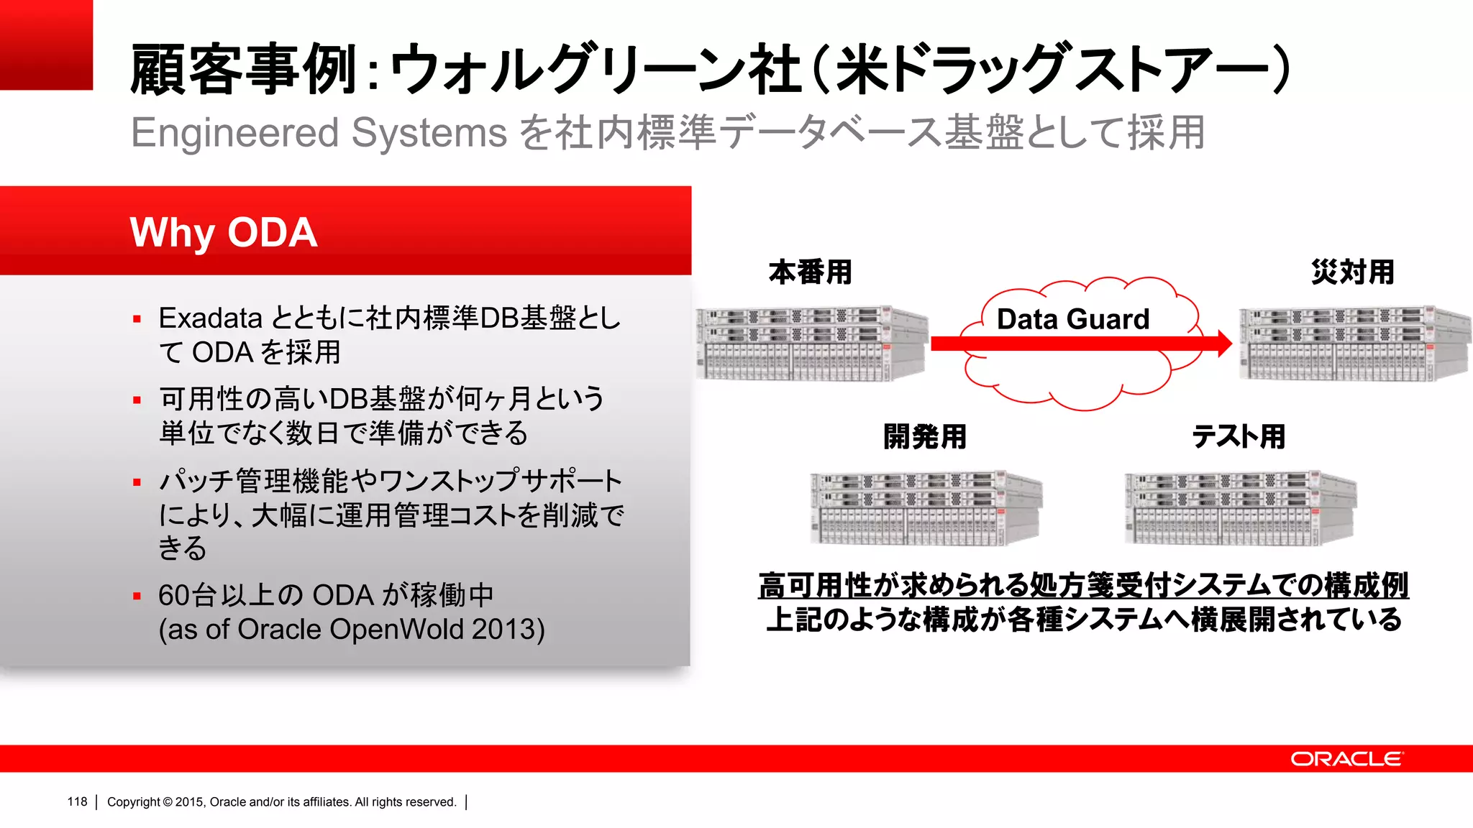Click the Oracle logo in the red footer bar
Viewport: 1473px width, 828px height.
tap(1346, 759)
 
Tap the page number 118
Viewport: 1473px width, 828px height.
tap(77, 801)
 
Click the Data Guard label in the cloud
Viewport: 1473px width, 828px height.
tap(1072, 318)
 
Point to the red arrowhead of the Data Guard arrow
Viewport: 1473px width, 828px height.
tap(1224, 344)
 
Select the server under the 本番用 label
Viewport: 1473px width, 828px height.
tap(811, 344)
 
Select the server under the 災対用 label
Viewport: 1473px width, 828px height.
tap(1354, 344)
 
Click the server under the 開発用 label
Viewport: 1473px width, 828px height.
tap(926, 508)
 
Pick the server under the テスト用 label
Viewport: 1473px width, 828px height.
tap(1240, 508)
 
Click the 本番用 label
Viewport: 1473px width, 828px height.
tap(811, 272)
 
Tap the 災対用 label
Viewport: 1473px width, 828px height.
tap(1352, 272)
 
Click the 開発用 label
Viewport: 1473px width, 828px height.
tap(925, 436)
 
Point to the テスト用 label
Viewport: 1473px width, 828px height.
tap(1239, 436)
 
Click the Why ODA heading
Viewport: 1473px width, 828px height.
tap(223, 232)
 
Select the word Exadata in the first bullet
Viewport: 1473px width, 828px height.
tap(210, 318)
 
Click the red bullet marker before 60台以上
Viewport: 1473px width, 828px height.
tap(137, 596)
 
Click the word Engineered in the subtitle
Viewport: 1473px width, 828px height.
tap(234, 133)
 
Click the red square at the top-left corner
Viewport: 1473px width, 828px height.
tap(46, 45)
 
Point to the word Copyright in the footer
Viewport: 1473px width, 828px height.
tap(134, 801)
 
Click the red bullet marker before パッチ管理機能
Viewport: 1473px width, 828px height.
tap(137, 482)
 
